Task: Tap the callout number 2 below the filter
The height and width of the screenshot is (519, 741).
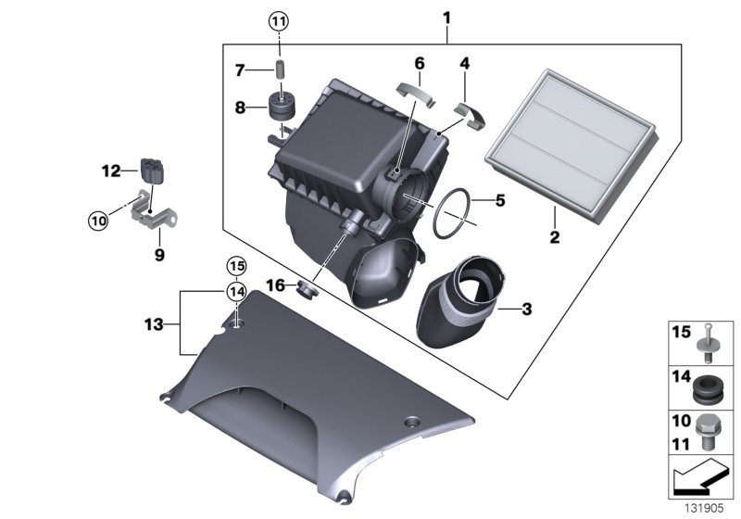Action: (x=555, y=238)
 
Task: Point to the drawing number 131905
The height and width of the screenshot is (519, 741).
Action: (x=703, y=509)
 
